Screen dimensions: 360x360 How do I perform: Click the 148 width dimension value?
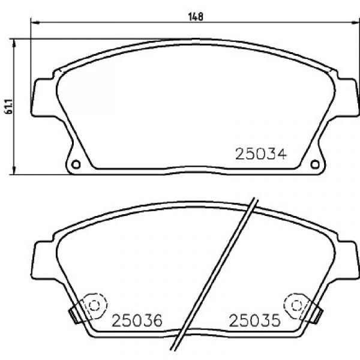[196, 17]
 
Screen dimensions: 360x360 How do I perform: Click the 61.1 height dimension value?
[9, 106]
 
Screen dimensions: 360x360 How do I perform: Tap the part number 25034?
[261, 154]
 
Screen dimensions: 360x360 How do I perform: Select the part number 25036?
[137, 320]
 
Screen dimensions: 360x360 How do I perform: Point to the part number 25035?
[255, 320]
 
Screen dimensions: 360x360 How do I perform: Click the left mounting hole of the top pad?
[76, 164]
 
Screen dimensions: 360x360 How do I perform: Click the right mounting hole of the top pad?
[315, 164]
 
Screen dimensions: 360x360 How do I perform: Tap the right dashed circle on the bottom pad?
[296, 305]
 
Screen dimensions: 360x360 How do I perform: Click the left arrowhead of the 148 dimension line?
[35, 23]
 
